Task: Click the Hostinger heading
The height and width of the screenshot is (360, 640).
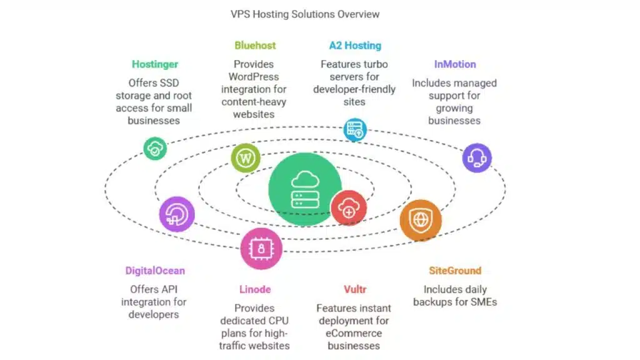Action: coord(155,64)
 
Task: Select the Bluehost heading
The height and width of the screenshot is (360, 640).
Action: coord(255,45)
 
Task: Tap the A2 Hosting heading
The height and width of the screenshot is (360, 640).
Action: coord(355,45)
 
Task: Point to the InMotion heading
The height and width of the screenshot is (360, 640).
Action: coord(455,64)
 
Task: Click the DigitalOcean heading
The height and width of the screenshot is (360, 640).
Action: coord(155,271)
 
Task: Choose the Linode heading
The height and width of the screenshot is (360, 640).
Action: coord(255,289)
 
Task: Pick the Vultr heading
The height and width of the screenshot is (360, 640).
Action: coord(354,289)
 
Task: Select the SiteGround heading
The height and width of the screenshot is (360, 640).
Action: coord(455,271)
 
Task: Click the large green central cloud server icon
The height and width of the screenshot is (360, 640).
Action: coord(305,189)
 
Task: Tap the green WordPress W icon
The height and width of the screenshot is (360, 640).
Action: coord(246,159)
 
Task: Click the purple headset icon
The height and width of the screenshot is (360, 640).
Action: coord(477,157)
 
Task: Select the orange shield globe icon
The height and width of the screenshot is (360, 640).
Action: coord(421,221)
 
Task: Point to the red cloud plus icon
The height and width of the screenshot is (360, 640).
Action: coord(349,207)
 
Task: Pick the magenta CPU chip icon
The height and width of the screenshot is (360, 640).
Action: coord(261,248)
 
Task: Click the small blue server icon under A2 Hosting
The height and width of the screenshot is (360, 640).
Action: coord(356,130)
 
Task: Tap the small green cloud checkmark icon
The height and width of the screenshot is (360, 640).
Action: coord(154,149)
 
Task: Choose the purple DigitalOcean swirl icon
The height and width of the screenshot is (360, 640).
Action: coord(177,214)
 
